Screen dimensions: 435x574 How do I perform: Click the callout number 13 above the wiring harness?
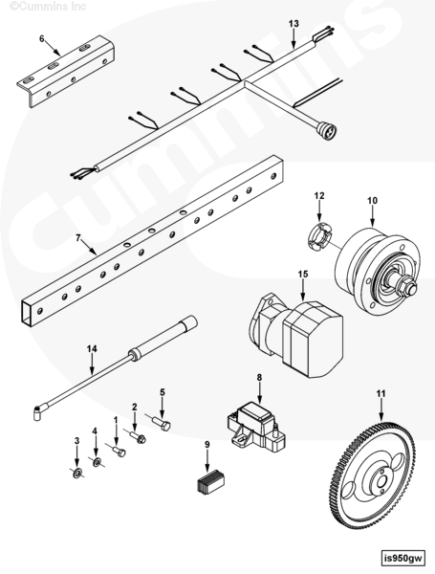294,24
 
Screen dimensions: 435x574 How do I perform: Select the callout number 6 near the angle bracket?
42,38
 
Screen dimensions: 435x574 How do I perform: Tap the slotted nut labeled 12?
320,237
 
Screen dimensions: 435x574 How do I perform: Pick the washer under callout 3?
76,474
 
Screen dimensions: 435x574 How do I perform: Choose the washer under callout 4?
97,462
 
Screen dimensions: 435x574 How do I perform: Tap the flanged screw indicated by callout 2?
139,437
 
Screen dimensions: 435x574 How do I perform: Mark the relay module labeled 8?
256,426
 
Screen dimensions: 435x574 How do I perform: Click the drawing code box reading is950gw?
403,559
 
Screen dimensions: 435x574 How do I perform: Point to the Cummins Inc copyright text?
48,6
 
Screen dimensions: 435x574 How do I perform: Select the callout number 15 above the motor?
303,275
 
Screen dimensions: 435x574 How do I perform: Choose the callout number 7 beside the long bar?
78,238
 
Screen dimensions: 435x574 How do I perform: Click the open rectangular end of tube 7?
29,312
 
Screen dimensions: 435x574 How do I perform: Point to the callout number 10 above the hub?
372,201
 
